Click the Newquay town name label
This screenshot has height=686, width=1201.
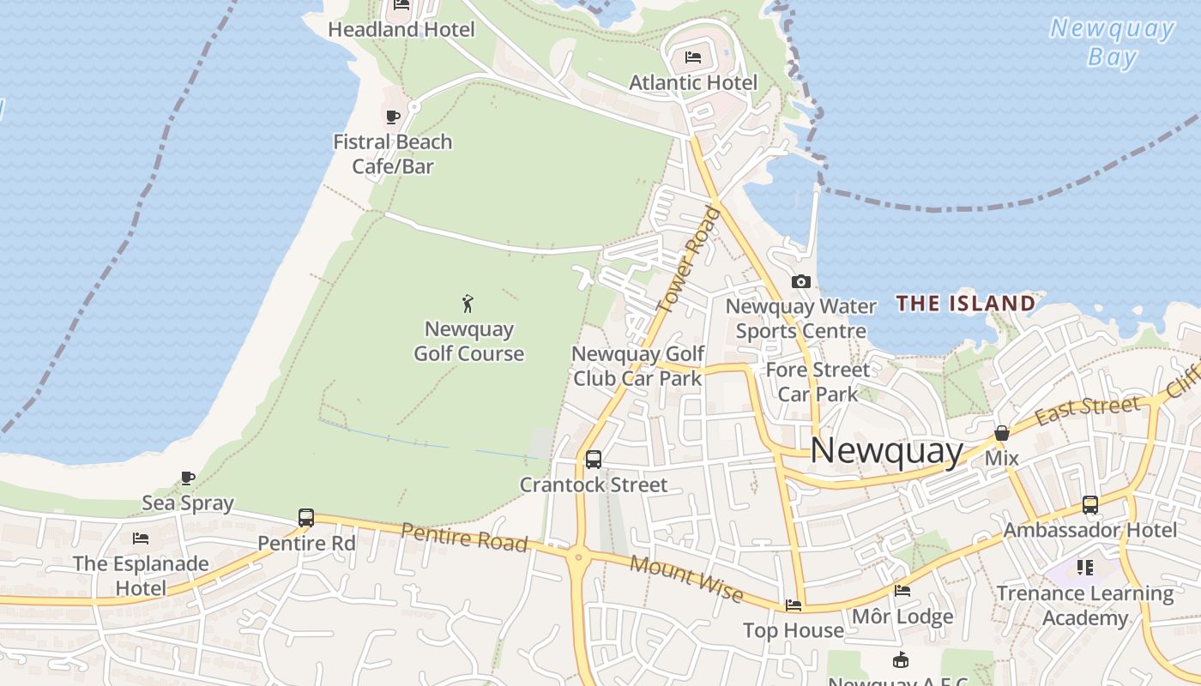pos(887,451)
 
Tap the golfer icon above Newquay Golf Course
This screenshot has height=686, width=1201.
pos(468,303)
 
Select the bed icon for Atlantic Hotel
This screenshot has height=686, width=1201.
pos(693,57)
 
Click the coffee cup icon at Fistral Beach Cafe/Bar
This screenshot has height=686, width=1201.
pos(392,117)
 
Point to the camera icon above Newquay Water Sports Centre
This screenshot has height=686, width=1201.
pos(800,281)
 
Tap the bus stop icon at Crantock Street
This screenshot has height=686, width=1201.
pos(593,460)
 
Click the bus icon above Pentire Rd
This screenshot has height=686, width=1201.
pos(306,518)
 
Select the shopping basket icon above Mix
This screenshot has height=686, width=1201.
pos(1001,434)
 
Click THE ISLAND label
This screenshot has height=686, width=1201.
pos(966,303)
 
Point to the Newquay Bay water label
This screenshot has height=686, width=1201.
pos(1112,42)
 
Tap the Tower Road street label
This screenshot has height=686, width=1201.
pos(688,259)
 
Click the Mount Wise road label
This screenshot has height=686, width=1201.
pos(686,578)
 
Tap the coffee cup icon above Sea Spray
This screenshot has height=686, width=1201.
pos(188,478)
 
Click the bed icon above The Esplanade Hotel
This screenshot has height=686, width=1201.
pos(141,539)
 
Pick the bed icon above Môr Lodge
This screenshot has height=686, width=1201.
pos(902,591)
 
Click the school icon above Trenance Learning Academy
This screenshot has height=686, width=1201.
pos(1085,568)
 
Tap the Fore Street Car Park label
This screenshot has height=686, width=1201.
pos(818,382)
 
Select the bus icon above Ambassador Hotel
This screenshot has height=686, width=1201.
pos(1089,505)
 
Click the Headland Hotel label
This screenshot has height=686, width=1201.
pos(401,29)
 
